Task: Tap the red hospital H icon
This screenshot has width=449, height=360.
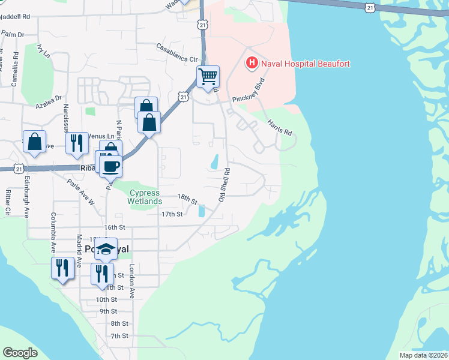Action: point(252,63)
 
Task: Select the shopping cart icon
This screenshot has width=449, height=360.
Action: point(208,77)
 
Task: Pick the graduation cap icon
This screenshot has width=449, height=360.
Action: point(106,249)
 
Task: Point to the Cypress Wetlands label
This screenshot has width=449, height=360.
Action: point(144,197)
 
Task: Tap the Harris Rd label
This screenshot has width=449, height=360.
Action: point(279,127)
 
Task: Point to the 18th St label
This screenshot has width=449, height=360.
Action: point(187,197)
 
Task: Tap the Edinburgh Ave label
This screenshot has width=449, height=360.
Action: point(26,196)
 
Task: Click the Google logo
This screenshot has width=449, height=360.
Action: point(20,352)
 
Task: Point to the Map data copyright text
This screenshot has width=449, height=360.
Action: point(423,355)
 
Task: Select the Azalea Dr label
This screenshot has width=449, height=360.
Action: point(48,97)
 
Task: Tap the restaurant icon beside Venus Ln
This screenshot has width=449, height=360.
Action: point(77,143)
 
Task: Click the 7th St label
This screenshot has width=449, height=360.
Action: point(119,335)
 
